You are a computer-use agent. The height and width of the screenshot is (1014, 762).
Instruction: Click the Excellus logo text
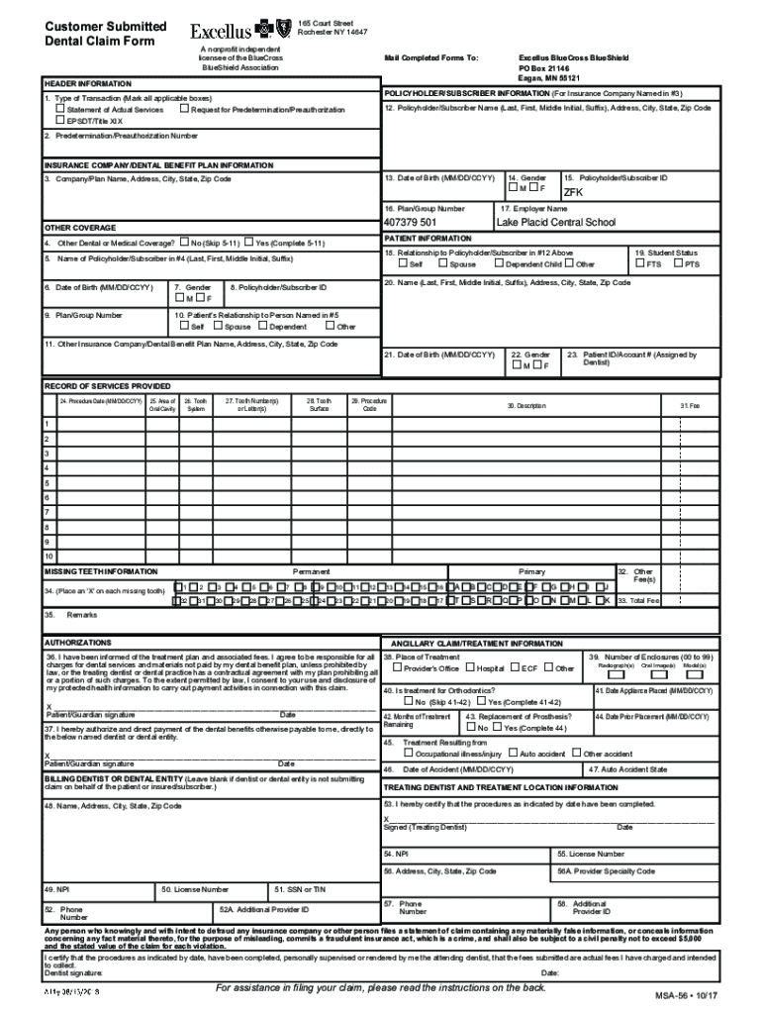[x=221, y=31]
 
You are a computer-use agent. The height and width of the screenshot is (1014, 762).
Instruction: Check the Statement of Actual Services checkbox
[x=58, y=109]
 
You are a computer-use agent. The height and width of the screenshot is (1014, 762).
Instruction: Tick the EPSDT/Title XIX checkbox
[x=58, y=119]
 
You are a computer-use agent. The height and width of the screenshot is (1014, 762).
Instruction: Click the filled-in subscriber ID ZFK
[x=574, y=193]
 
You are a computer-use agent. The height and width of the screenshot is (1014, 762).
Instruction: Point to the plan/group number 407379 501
[x=410, y=223]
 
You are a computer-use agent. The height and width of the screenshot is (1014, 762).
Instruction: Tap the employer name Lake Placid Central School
[x=555, y=223]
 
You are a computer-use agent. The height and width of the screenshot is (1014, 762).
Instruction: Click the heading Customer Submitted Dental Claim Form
[x=104, y=33]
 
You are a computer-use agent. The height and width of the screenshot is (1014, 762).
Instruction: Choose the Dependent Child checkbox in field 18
[x=500, y=264]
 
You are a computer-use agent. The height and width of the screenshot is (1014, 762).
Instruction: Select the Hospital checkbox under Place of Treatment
[x=469, y=668]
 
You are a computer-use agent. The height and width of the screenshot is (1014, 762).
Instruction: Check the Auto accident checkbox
[x=512, y=754]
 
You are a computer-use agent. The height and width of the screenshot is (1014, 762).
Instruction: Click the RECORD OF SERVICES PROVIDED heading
[x=107, y=385]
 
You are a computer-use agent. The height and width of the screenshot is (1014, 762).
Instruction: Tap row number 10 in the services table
[x=47, y=558]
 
